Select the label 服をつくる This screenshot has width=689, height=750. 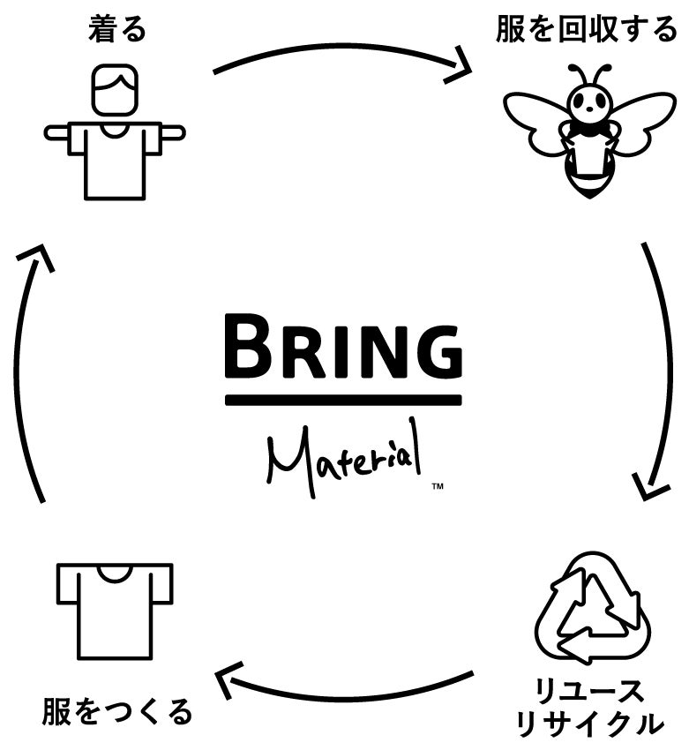tap(116, 710)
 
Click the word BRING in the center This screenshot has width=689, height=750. tap(343, 349)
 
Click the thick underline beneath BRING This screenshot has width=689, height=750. tap(343, 400)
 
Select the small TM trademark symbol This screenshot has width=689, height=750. tap(437, 486)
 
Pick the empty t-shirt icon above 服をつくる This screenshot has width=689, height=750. tap(115, 609)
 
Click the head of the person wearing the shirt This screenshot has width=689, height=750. tap(115, 94)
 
